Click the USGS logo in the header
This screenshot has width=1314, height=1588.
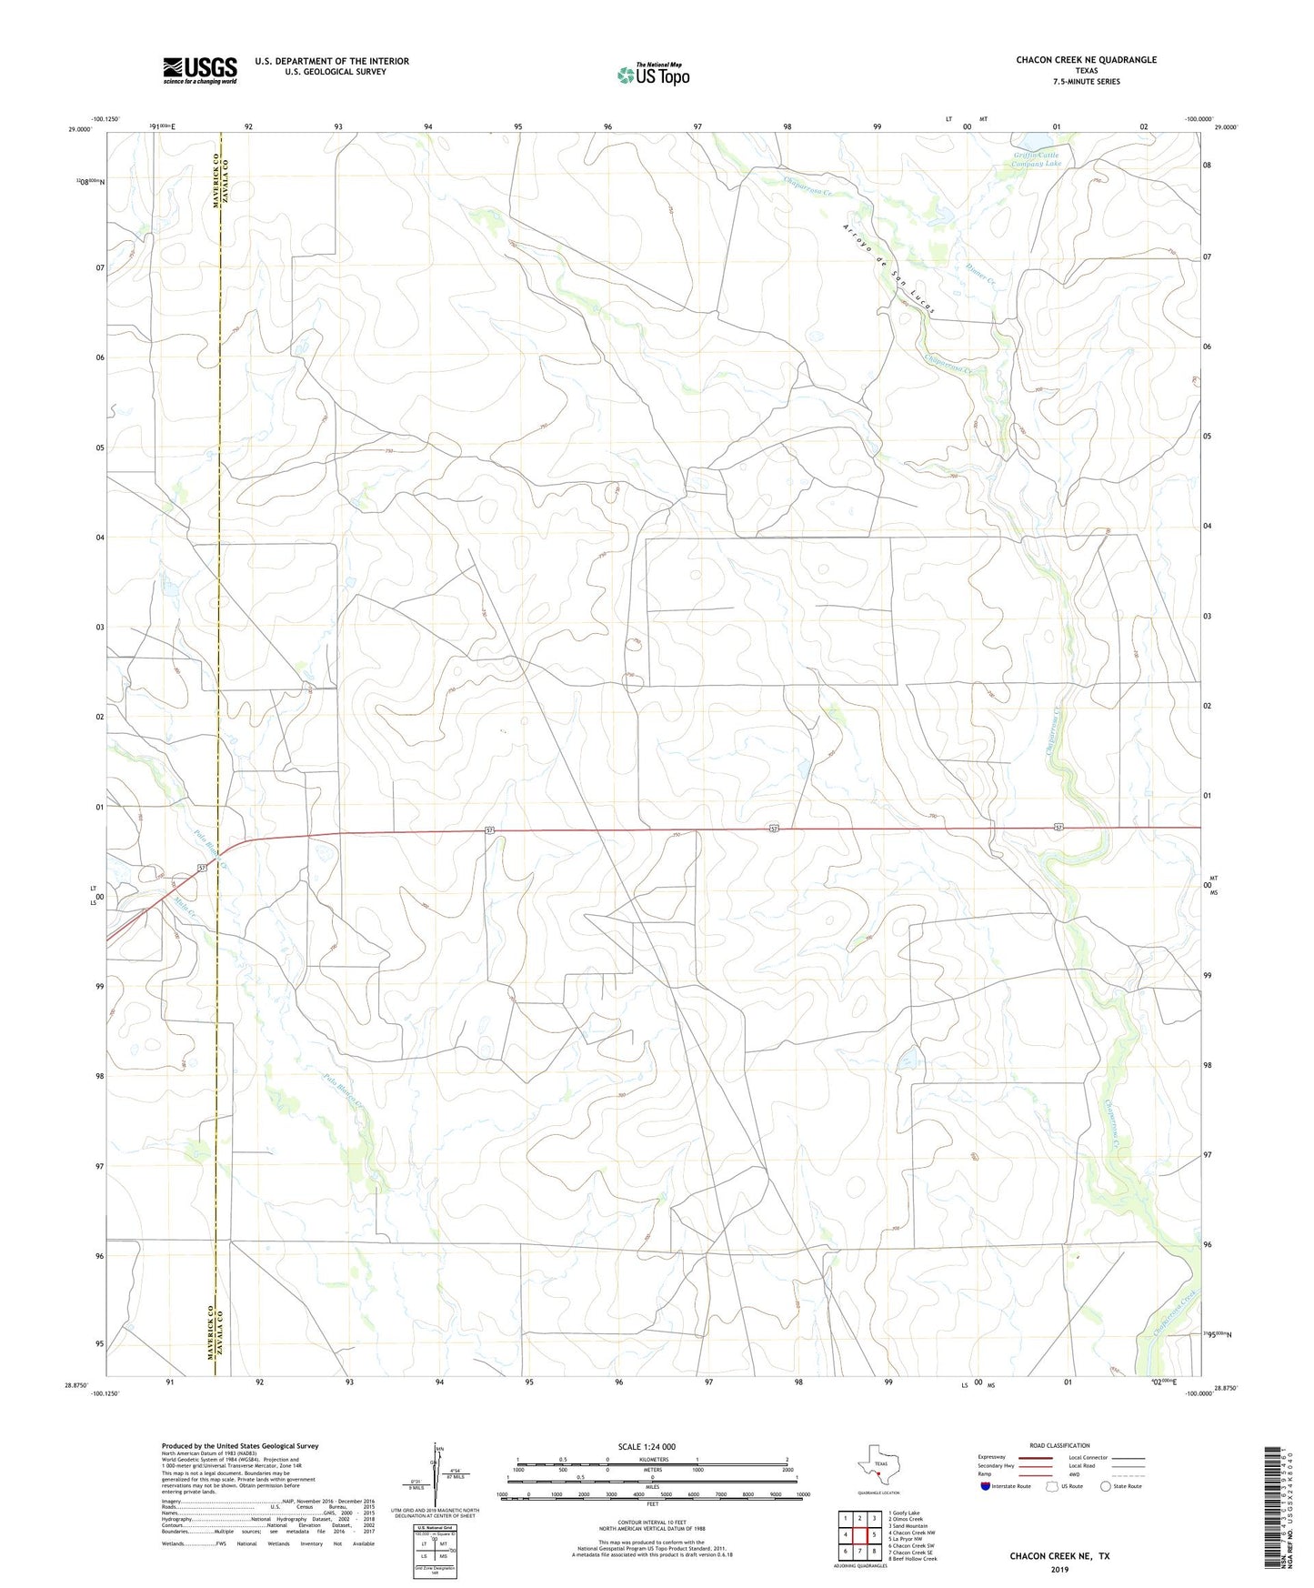click(200, 70)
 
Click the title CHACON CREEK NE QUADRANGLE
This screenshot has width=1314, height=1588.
click(1086, 60)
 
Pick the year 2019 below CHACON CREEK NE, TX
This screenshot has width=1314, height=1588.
click(1058, 1569)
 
